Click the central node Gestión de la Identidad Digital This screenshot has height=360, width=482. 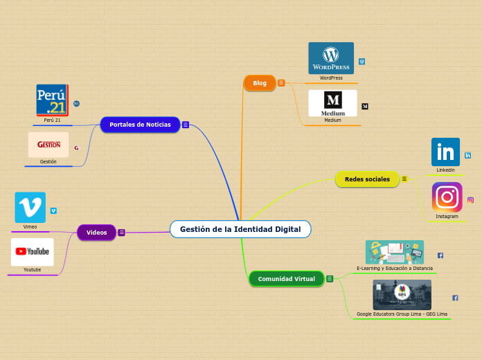click(x=240, y=229)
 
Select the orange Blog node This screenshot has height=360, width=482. click(x=260, y=83)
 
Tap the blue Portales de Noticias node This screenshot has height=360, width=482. click(x=140, y=125)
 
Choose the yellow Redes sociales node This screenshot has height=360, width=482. click(x=367, y=179)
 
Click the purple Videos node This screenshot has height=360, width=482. click(x=96, y=233)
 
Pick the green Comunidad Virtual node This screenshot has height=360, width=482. click(x=286, y=279)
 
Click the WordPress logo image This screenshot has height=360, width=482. click(x=331, y=58)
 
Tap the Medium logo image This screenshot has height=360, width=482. click(x=332, y=103)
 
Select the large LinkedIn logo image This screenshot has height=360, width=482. click(x=445, y=152)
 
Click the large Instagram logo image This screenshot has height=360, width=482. click(x=447, y=197)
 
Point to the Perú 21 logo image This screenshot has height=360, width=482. click(x=52, y=100)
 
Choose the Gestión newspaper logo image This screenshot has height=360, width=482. click(x=48, y=145)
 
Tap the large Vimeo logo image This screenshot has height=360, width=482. click(x=30, y=207)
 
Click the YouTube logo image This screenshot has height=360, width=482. click(x=33, y=252)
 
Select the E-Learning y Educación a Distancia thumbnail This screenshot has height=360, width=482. click(x=394, y=252)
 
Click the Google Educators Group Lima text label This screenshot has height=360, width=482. click(x=402, y=314)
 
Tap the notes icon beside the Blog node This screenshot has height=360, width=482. click(x=281, y=83)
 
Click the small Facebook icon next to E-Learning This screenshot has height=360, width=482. click(x=440, y=255)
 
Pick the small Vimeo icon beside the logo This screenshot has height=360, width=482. click(x=53, y=210)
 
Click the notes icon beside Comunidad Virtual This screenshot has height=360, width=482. click(x=330, y=279)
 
